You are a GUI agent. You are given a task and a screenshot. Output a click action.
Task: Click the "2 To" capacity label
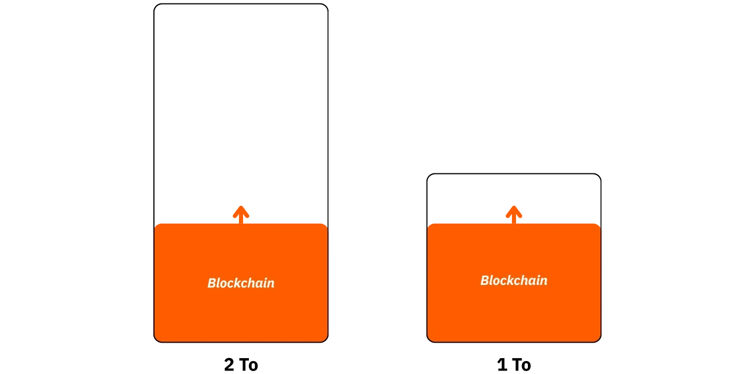tap(241, 365)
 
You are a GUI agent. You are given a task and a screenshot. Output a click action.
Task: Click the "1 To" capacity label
tap(514, 365)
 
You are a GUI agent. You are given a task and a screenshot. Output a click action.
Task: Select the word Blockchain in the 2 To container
tap(241, 283)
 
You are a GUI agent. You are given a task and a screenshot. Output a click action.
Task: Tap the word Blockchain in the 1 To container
tap(514, 280)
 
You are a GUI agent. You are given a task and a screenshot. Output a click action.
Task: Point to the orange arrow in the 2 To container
tap(241, 215)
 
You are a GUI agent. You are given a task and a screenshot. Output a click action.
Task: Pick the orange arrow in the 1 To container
tap(514, 215)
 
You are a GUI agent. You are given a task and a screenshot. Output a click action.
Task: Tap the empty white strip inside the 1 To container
tap(472, 199)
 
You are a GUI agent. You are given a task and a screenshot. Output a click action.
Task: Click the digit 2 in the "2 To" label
tap(229, 365)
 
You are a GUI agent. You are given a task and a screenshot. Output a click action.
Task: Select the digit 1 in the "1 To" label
tap(502, 365)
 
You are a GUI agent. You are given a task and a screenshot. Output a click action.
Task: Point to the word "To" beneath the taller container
tap(249, 365)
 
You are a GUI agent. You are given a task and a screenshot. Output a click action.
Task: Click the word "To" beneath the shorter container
tap(522, 365)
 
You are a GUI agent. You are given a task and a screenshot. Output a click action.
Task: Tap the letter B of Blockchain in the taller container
tap(212, 283)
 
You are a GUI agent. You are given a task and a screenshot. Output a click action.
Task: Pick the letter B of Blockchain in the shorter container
tap(485, 280)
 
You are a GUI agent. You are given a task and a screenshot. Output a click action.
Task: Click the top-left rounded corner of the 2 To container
tap(156, 6)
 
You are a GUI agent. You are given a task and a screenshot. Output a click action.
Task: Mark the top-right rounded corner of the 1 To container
tap(599, 176)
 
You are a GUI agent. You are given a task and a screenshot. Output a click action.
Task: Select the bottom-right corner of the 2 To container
tap(326, 340)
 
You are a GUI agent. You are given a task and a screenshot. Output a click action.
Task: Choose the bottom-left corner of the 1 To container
tap(429, 340)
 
